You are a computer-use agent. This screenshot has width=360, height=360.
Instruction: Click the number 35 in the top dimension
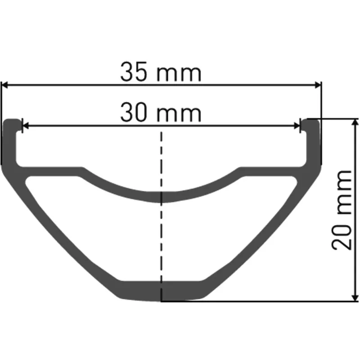134,72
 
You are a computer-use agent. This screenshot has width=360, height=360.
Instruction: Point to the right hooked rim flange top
311,122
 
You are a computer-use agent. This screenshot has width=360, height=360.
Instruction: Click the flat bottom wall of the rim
162,291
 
